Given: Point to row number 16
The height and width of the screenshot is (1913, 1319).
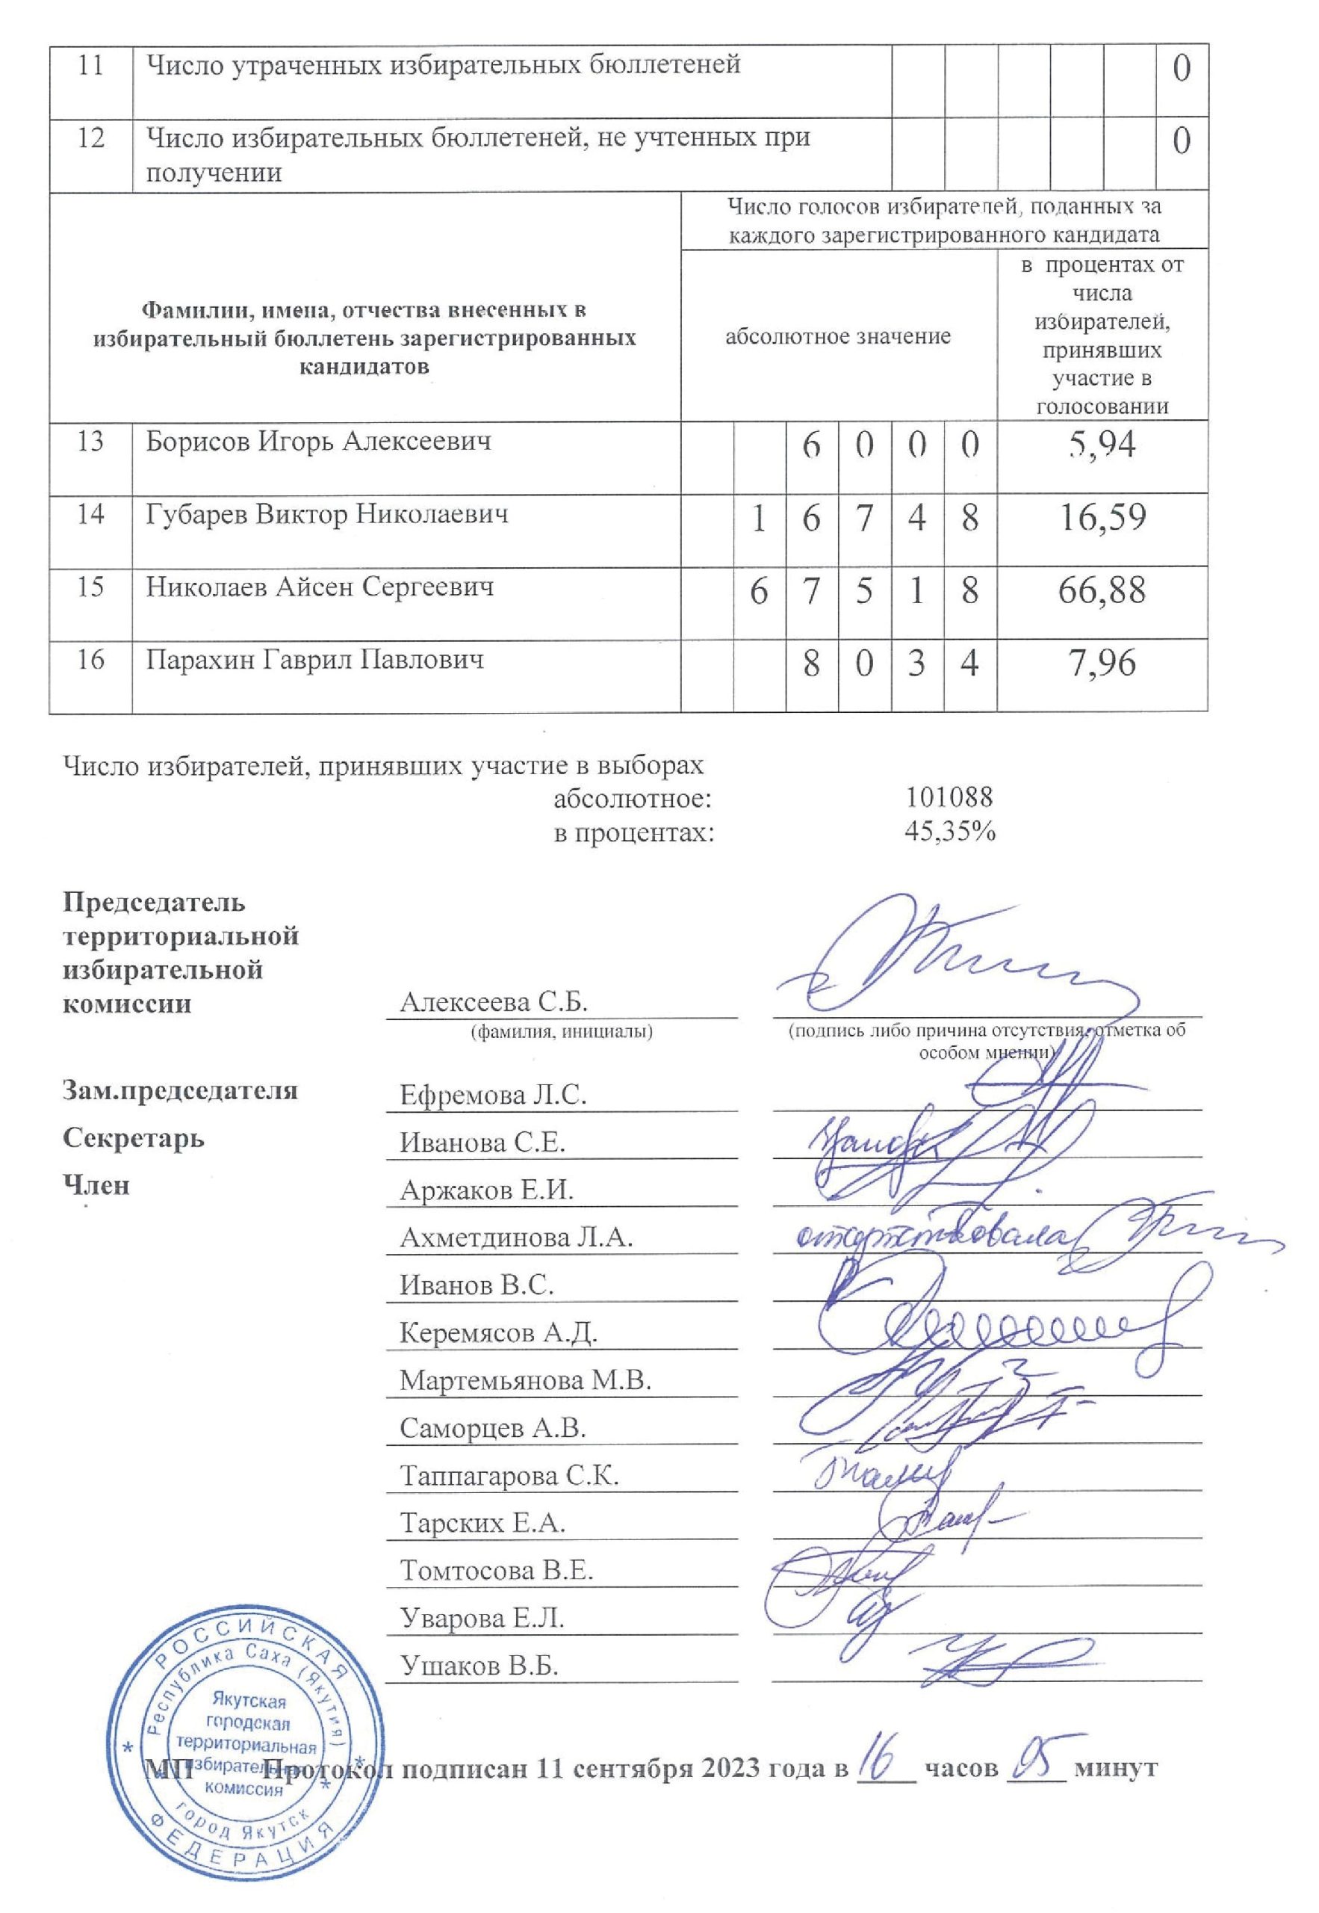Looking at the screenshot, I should tap(90, 660).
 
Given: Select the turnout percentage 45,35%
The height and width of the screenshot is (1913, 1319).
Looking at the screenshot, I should tap(950, 832).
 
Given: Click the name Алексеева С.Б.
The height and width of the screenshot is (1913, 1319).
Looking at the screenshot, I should tap(494, 1003).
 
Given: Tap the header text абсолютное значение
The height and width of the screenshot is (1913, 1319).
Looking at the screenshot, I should tap(838, 336).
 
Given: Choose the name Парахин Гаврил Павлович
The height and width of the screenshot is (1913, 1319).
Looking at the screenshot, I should tap(315, 660).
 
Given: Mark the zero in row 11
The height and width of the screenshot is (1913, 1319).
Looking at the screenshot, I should tap(1182, 69).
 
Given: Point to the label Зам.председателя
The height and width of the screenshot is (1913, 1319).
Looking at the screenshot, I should tap(180, 1090).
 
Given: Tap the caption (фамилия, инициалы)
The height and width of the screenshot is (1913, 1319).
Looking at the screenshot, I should tap(561, 1032).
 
